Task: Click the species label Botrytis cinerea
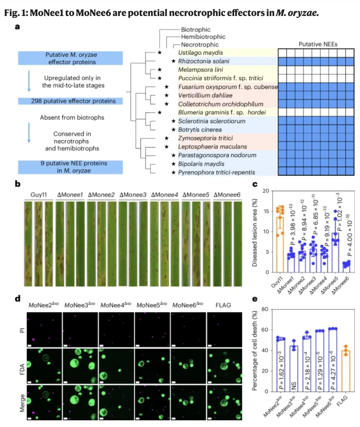(200, 129)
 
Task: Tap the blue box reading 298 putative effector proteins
(71, 101)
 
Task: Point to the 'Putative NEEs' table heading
(316, 44)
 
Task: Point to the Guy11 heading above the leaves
(39, 195)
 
